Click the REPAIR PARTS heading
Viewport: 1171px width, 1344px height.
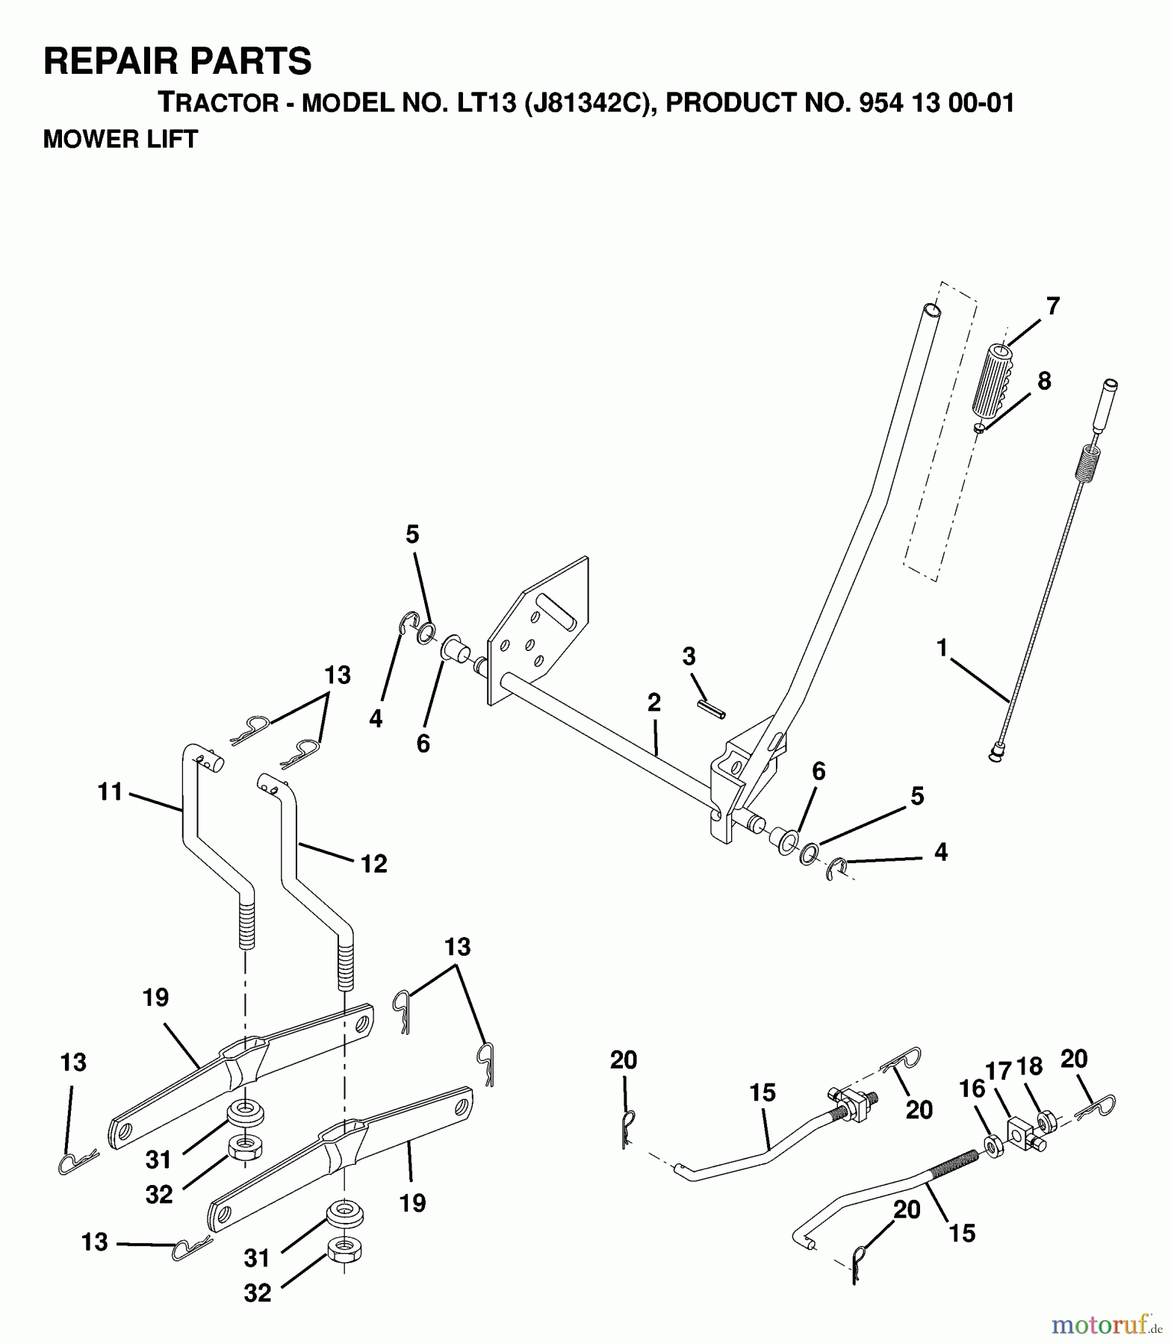(177, 61)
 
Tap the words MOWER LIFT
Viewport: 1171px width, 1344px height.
(120, 140)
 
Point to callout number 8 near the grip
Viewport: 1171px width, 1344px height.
(1044, 382)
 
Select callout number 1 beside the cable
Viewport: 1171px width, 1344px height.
(942, 647)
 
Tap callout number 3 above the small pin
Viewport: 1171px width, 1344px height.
(689, 657)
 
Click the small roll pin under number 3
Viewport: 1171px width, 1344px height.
(711, 709)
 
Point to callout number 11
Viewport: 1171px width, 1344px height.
(110, 791)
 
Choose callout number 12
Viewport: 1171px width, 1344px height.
(373, 864)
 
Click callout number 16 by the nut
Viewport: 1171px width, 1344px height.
(972, 1089)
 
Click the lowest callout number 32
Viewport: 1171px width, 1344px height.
(257, 1292)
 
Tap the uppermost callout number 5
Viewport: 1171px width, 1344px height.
(412, 535)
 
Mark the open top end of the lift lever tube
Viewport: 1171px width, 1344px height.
(931, 309)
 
